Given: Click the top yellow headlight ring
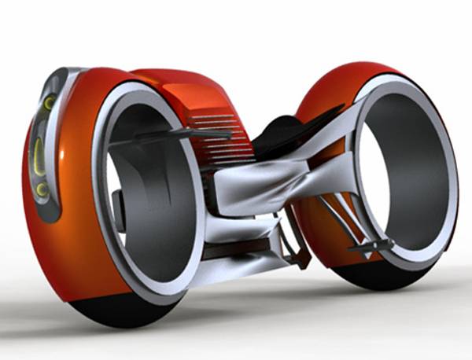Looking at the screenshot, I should point(49,103).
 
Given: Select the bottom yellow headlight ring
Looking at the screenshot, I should point(40,189).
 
